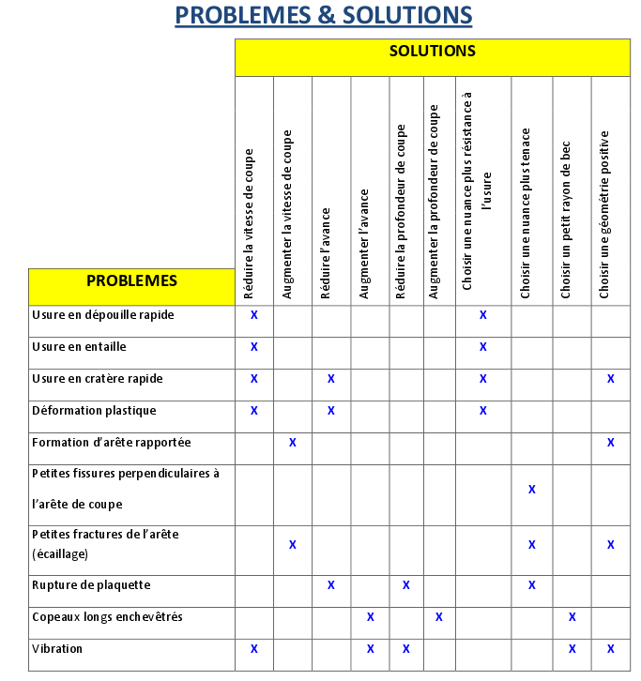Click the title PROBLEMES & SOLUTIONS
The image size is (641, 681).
[324, 16]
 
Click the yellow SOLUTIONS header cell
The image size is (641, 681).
[432, 53]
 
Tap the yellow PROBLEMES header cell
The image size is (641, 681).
[131, 280]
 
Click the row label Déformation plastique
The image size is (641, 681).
[94, 411]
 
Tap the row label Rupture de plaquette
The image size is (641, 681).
[91, 585]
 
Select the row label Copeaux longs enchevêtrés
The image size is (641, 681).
[107, 617]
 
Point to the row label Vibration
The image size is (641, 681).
[57, 649]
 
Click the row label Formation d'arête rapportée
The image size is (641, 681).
[112, 443]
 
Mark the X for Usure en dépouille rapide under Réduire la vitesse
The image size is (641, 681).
[253, 315]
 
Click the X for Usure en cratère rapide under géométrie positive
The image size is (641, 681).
[611, 379]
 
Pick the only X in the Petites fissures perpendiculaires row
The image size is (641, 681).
[532, 490]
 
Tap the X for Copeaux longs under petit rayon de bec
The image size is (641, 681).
[572, 617]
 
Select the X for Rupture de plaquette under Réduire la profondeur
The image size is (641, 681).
[406, 585]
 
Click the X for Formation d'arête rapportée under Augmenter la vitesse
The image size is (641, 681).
[292, 443]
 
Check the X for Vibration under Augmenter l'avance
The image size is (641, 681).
[370, 649]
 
